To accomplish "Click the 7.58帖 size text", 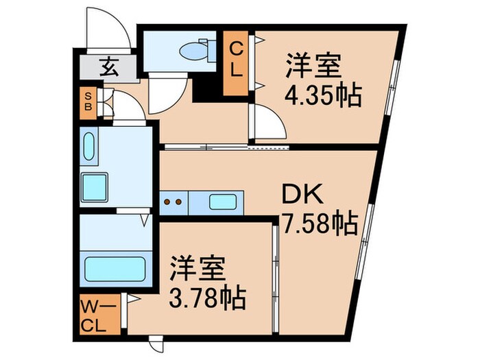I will pos(319,222).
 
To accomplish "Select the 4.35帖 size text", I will pos(322,96).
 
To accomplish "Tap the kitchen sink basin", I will pos(223,202).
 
